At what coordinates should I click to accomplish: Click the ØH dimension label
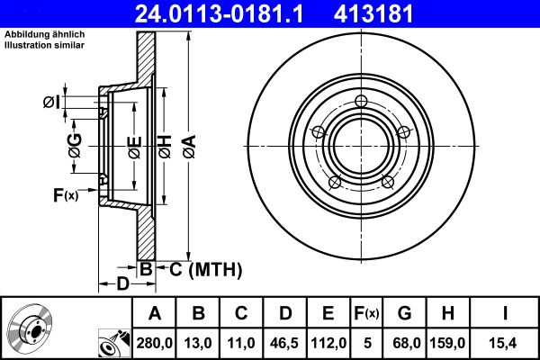point(165,144)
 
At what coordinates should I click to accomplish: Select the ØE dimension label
point(133,144)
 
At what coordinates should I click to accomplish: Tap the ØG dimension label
point(75,143)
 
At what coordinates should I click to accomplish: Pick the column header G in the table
point(405,313)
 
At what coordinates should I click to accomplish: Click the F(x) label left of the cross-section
point(66,194)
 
